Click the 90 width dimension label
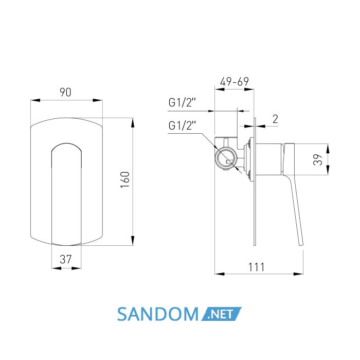point(65,92)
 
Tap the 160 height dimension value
point(125,180)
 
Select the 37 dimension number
point(66,259)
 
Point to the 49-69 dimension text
point(234,82)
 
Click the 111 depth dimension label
point(256,267)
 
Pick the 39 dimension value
point(318,159)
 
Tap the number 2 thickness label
point(275,119)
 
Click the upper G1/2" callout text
point(182,103)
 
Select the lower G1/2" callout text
point(182,125)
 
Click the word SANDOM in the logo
point(157,314)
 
